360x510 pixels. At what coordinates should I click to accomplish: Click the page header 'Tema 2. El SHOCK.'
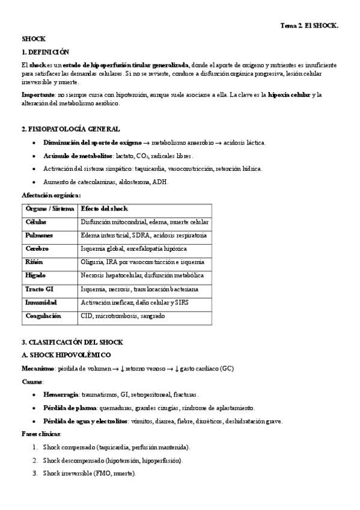click(310, 26)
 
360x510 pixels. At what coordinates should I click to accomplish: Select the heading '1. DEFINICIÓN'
click(45, 52)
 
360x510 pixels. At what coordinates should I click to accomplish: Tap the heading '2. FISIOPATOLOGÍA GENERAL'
click(70, 129)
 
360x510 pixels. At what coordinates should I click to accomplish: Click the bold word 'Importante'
click(38, 95)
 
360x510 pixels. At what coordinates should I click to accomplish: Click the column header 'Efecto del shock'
click(104, 209)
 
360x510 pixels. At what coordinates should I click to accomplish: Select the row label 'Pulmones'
click(39, 235)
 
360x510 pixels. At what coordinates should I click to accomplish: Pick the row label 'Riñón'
click(34, 262)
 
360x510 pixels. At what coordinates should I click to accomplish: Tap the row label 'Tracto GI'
click(40, 289)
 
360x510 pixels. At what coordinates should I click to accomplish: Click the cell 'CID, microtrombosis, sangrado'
click(123, 316)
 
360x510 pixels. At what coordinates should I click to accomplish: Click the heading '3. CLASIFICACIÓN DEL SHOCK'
click(72, 342)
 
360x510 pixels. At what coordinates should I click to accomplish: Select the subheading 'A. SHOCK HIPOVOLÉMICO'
click(63, 355)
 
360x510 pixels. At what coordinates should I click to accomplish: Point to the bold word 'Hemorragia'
click(61, 395)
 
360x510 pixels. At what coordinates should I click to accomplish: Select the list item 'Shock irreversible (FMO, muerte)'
click(89, 473)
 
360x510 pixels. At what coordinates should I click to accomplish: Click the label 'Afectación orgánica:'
click(51, 195)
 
